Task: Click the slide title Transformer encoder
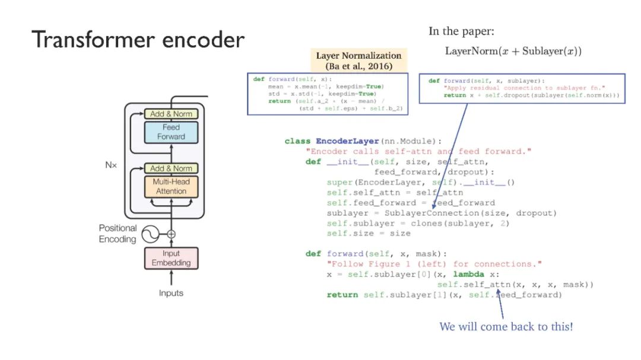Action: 138,40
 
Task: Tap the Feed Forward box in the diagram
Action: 170,132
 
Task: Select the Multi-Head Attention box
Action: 170,186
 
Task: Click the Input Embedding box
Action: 171,258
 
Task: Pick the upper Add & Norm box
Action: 170,113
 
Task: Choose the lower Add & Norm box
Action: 170,168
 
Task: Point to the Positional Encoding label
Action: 118,234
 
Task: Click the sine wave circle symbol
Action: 149,234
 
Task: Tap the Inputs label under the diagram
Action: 171,293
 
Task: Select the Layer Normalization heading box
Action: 358,60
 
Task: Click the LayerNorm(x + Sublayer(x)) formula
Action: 513,51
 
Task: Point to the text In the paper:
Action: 461,31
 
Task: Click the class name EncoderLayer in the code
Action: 347,141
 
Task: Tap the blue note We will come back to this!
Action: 506,326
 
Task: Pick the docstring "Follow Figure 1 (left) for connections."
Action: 434,264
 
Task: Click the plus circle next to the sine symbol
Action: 171,234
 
